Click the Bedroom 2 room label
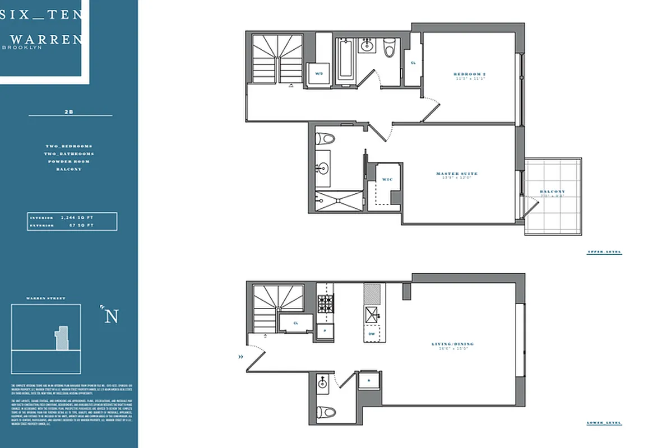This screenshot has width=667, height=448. pos(468,74)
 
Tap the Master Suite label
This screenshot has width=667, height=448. pos(457,174)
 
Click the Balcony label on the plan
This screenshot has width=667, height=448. pos(552,192)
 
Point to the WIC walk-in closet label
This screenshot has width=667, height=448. pos(387,180)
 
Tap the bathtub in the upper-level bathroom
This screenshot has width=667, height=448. pos(345,60)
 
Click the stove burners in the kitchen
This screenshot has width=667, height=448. pos(325,304)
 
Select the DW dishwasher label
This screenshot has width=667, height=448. pos(371,334)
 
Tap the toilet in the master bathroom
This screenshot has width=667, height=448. pos(325,138)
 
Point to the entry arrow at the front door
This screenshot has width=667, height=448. pos(241,356)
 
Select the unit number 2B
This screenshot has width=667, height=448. pos(70,112)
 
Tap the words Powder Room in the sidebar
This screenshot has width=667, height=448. pos(70,161)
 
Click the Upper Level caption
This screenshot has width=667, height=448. pos(604,253)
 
